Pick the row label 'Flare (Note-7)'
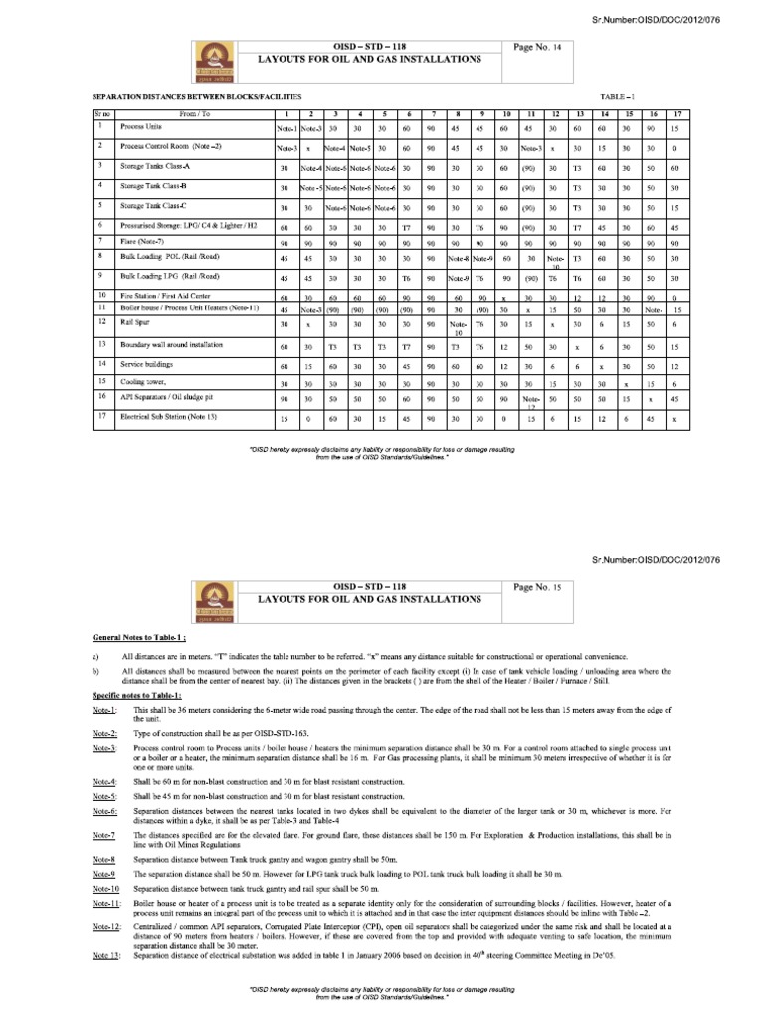click(x=146, y=242)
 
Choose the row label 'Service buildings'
click(x=148, y=366)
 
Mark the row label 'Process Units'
click(x=143, y=128)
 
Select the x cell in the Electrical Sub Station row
click(x=676, y=418)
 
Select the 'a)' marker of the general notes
click(x=96, y=657)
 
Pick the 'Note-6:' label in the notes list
click(x=105, y=811)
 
